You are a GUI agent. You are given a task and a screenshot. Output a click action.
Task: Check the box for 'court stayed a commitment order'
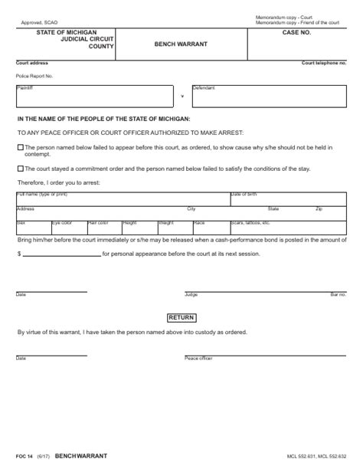point(19,167)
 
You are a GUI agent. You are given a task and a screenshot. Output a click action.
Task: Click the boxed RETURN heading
point(181,317)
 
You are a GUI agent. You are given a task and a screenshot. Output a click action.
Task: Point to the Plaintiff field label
point(23,87)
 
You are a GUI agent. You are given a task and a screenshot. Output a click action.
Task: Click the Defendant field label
point(204,87)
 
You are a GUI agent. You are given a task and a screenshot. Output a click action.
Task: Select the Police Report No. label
point(32,76)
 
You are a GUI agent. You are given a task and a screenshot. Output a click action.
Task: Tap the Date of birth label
point(245,195)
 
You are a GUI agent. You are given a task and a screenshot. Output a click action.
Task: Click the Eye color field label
point(61,222)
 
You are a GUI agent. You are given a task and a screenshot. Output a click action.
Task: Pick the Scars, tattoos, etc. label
point(250,222)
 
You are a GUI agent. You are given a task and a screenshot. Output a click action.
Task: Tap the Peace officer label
point(197,358)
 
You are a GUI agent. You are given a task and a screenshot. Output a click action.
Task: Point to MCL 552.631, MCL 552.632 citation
point(318,456)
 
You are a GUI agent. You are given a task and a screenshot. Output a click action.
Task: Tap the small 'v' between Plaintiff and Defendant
point(181,96)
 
